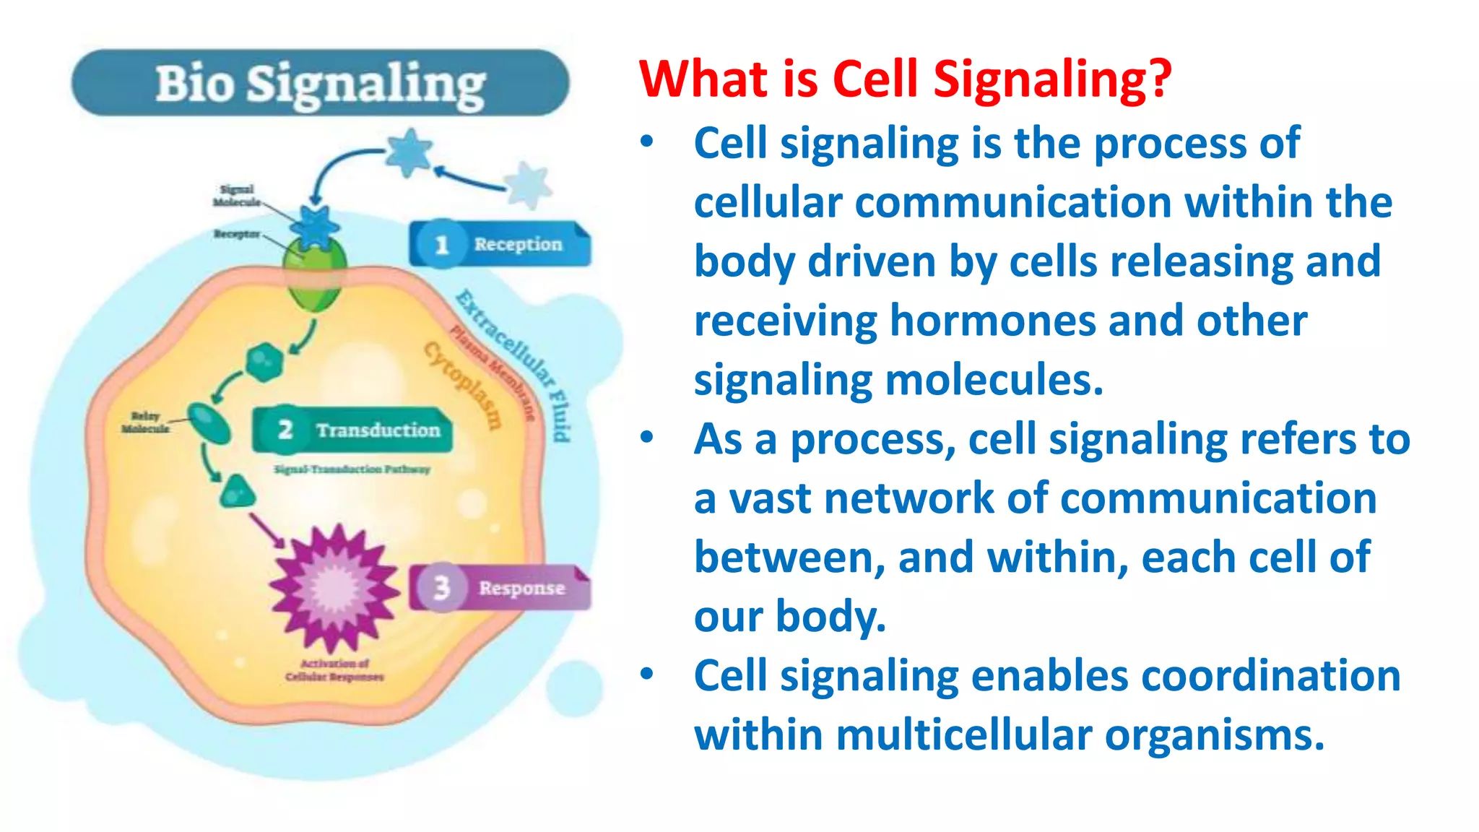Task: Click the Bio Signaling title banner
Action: [x=320, y=83]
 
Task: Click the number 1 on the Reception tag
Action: [x=441, y=245]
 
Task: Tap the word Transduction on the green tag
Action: [x=378, y=430]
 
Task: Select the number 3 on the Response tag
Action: [x=441, y=588]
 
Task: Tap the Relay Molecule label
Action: [x=145, y=422]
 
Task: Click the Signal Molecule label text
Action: [x=237, y=196]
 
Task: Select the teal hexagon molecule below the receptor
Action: [x=264, y=362]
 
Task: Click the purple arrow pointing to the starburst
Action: [x=266, y=531]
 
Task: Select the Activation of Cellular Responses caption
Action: [x=334, y=670]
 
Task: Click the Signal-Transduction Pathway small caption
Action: [x=352, y=469]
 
